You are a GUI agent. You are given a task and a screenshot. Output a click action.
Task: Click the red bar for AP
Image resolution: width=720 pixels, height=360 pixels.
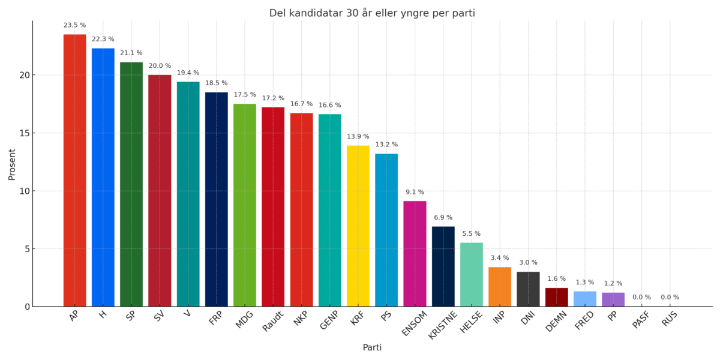pyautogui.click(x=75, y=171)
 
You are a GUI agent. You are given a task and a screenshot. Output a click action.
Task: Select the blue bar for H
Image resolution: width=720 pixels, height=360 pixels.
pyautogui.click(x=103, y=178)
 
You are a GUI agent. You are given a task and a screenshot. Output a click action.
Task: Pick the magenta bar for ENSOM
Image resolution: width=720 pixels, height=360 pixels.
pyautogui.click(x=415, y=254)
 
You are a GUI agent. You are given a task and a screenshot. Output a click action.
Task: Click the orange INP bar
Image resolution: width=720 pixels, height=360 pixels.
pyautogui.click(x=500, y=287)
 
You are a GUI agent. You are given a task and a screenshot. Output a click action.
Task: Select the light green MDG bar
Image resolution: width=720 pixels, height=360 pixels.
pyautogui.click(x=245, y=205)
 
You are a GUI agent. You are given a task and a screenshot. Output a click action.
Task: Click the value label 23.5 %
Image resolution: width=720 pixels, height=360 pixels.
pyautogui.click(x=75, y=25)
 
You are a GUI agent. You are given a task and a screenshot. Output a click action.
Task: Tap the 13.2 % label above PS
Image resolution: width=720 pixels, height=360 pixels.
pyautogui.click(x=386, y=145)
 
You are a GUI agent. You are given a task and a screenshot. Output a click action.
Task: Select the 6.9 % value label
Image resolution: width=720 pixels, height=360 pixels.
pyautogui.click(x=443, y=217)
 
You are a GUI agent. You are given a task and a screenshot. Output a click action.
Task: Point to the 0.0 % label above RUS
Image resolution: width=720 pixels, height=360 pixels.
pyautogui.click(x=670, y=297)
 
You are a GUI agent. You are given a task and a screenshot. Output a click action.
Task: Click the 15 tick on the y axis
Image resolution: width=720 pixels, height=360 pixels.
pyautogui.click(x=22, y=133)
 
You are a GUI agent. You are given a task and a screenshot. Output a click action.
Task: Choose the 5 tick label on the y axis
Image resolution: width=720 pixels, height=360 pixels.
pyautogui.click(x=26, y=249)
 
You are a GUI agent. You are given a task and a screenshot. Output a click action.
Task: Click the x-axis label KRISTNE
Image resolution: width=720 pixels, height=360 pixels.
pyautogui.click(x=443, y=325)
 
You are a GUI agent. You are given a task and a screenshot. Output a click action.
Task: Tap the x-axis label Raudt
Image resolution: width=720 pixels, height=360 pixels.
pyautogui.click(x=273, y=320)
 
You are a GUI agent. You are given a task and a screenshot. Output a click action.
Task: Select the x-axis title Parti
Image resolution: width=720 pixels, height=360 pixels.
pyautogui.click(x=372, y=347)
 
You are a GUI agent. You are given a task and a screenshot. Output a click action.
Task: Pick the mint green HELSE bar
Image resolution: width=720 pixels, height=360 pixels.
pyautogui.click(x=472, y=275)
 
